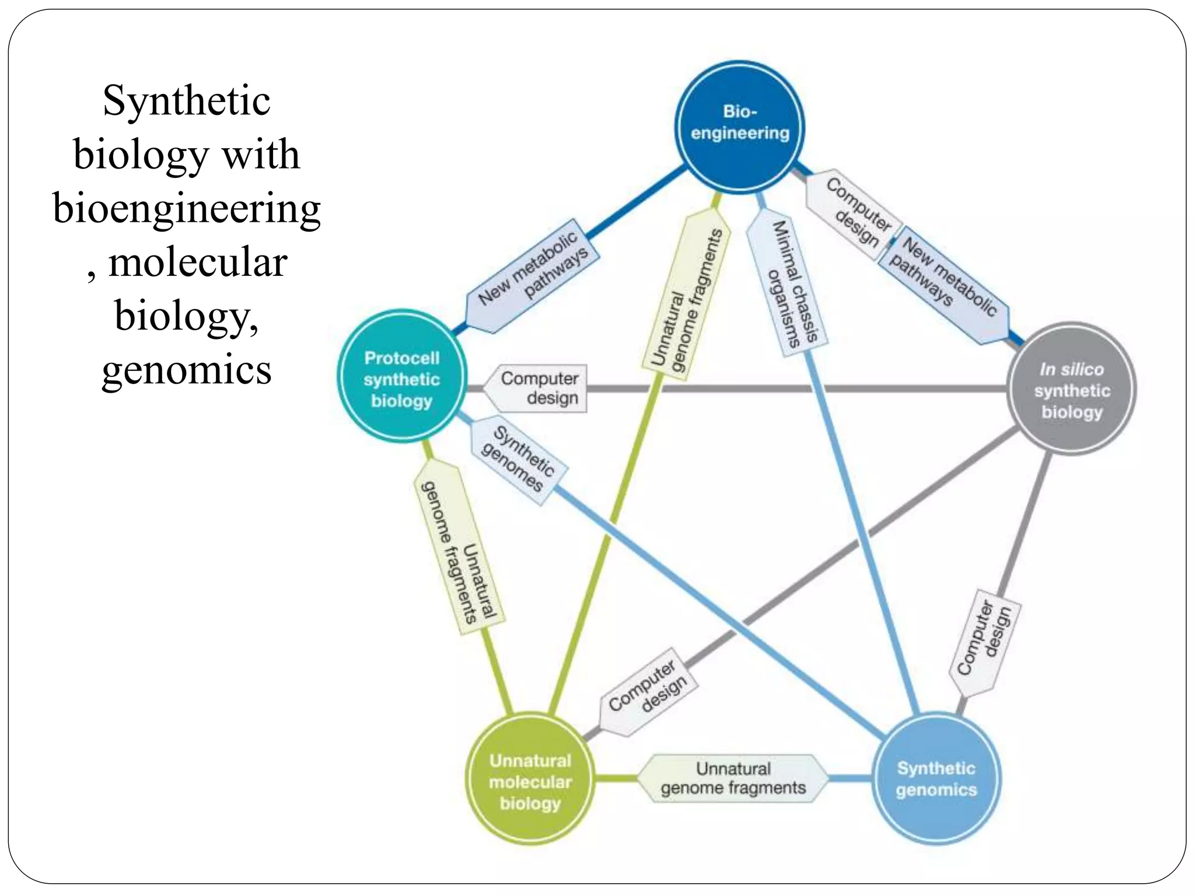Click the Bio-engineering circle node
pos(739,126)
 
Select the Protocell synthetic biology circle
pos(402,377)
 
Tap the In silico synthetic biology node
pos(1072,389)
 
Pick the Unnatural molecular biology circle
pos(530,779)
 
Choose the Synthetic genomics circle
pos(936,778)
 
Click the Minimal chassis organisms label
pos(788,282)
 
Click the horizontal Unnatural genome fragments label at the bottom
pos(733,778)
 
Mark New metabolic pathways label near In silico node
pos(943,285)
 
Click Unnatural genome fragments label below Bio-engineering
pos(686,299)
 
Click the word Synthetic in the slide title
pos(186,100)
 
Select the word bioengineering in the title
pos(186,208)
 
